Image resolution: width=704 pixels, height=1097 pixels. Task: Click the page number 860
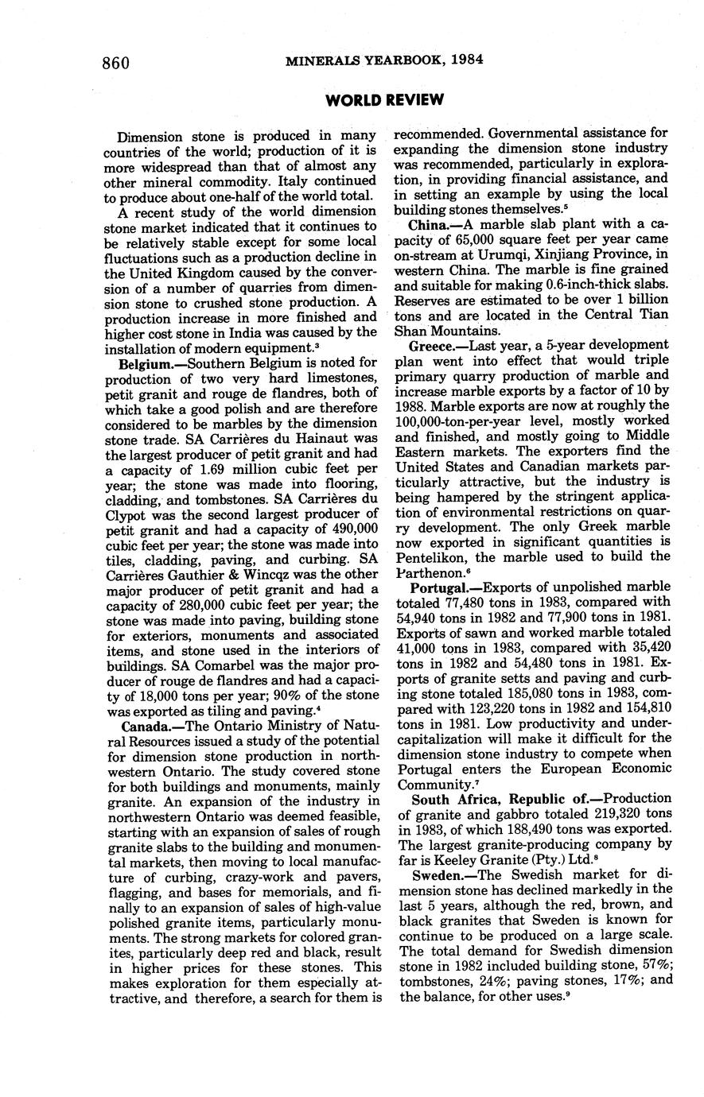tap(116, 64)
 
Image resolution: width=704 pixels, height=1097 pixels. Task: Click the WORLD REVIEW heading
tap(385, 100)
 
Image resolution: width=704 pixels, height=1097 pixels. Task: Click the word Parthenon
tap(430, 572)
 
